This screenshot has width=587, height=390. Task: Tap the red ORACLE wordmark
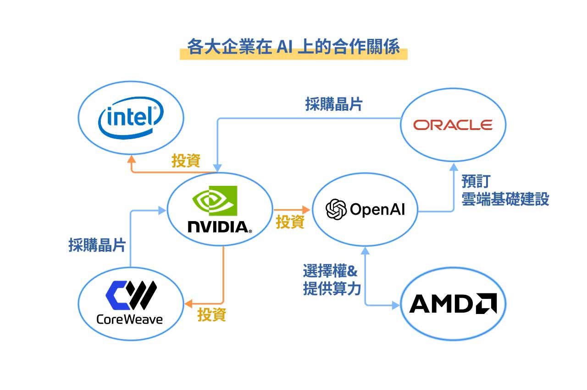coord(453,125)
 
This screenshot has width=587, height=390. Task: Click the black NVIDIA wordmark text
coord(220,226)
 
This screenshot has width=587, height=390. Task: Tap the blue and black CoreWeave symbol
coord(131,295)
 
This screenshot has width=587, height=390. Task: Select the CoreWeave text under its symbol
coord(130,319)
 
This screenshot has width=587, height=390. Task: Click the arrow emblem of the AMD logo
coord(486,303)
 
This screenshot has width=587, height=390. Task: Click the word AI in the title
coord(283,48)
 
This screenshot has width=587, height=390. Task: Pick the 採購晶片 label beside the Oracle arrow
coord(333,104)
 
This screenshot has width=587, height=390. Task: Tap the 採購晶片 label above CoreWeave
coord(97,245)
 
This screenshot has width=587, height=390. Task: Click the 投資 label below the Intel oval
coord(186,161)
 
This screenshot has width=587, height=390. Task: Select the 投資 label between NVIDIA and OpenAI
coord(290,222)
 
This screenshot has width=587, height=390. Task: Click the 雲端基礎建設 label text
coord(505,200)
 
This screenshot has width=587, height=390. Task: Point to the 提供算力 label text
coord(332,289)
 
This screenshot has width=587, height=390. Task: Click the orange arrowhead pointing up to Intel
coord(132,158)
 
